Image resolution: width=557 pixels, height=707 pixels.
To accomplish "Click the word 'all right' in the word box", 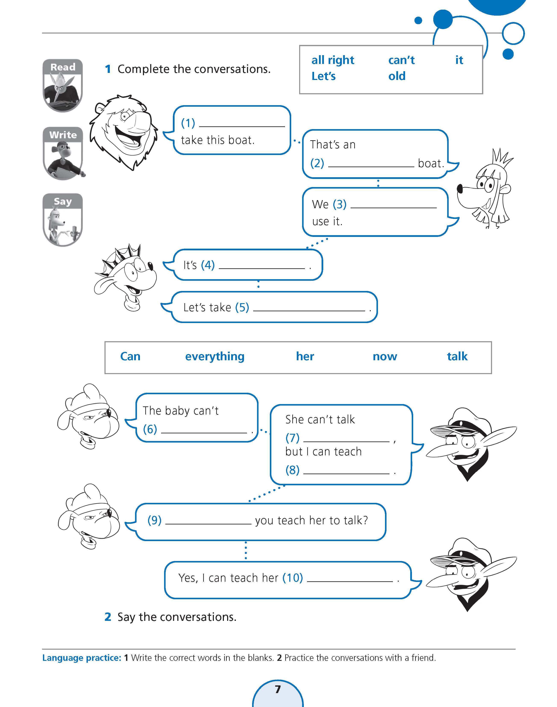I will (333, 60).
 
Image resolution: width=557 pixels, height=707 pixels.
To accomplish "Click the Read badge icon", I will (63, 86).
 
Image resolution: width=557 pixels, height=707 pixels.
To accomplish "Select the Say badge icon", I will (63, 220).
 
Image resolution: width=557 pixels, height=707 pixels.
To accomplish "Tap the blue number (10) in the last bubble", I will (292, 578).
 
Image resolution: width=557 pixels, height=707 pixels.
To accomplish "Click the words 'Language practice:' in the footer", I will (82, 658).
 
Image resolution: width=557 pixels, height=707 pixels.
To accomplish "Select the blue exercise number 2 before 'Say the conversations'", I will (108, 617).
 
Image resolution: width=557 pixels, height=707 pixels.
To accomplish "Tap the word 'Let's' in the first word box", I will (323, 76).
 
